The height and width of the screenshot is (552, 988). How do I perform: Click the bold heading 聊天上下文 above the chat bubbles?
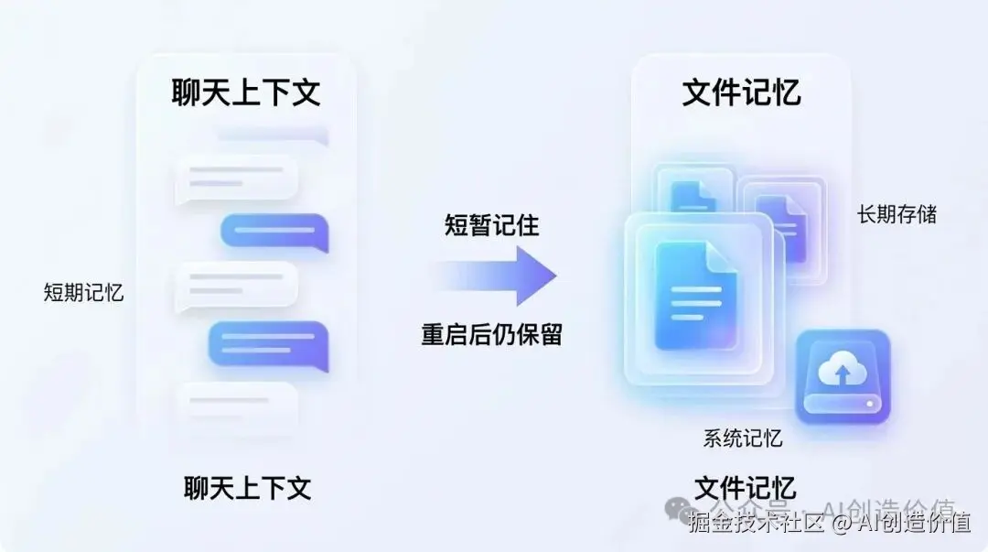(246, 92)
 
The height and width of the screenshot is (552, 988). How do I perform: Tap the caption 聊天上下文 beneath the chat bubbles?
(247, 487)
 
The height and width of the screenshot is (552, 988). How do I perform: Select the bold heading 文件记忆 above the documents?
(741, 92)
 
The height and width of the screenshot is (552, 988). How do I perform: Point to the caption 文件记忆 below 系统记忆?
(745, 487)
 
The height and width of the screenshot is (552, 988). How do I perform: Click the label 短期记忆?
(83, 293)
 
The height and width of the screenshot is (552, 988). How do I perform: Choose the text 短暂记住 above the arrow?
(492, 225)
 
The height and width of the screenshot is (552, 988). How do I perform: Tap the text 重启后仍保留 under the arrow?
(491, 334)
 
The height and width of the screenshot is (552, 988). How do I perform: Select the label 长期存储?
(897, 214)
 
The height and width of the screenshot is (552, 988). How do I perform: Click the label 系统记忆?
(743, 438)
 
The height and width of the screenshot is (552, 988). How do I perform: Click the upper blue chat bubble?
(274, 233)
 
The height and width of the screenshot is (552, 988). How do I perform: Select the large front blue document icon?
(696, 295)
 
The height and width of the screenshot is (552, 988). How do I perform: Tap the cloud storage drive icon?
(842, 377)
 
